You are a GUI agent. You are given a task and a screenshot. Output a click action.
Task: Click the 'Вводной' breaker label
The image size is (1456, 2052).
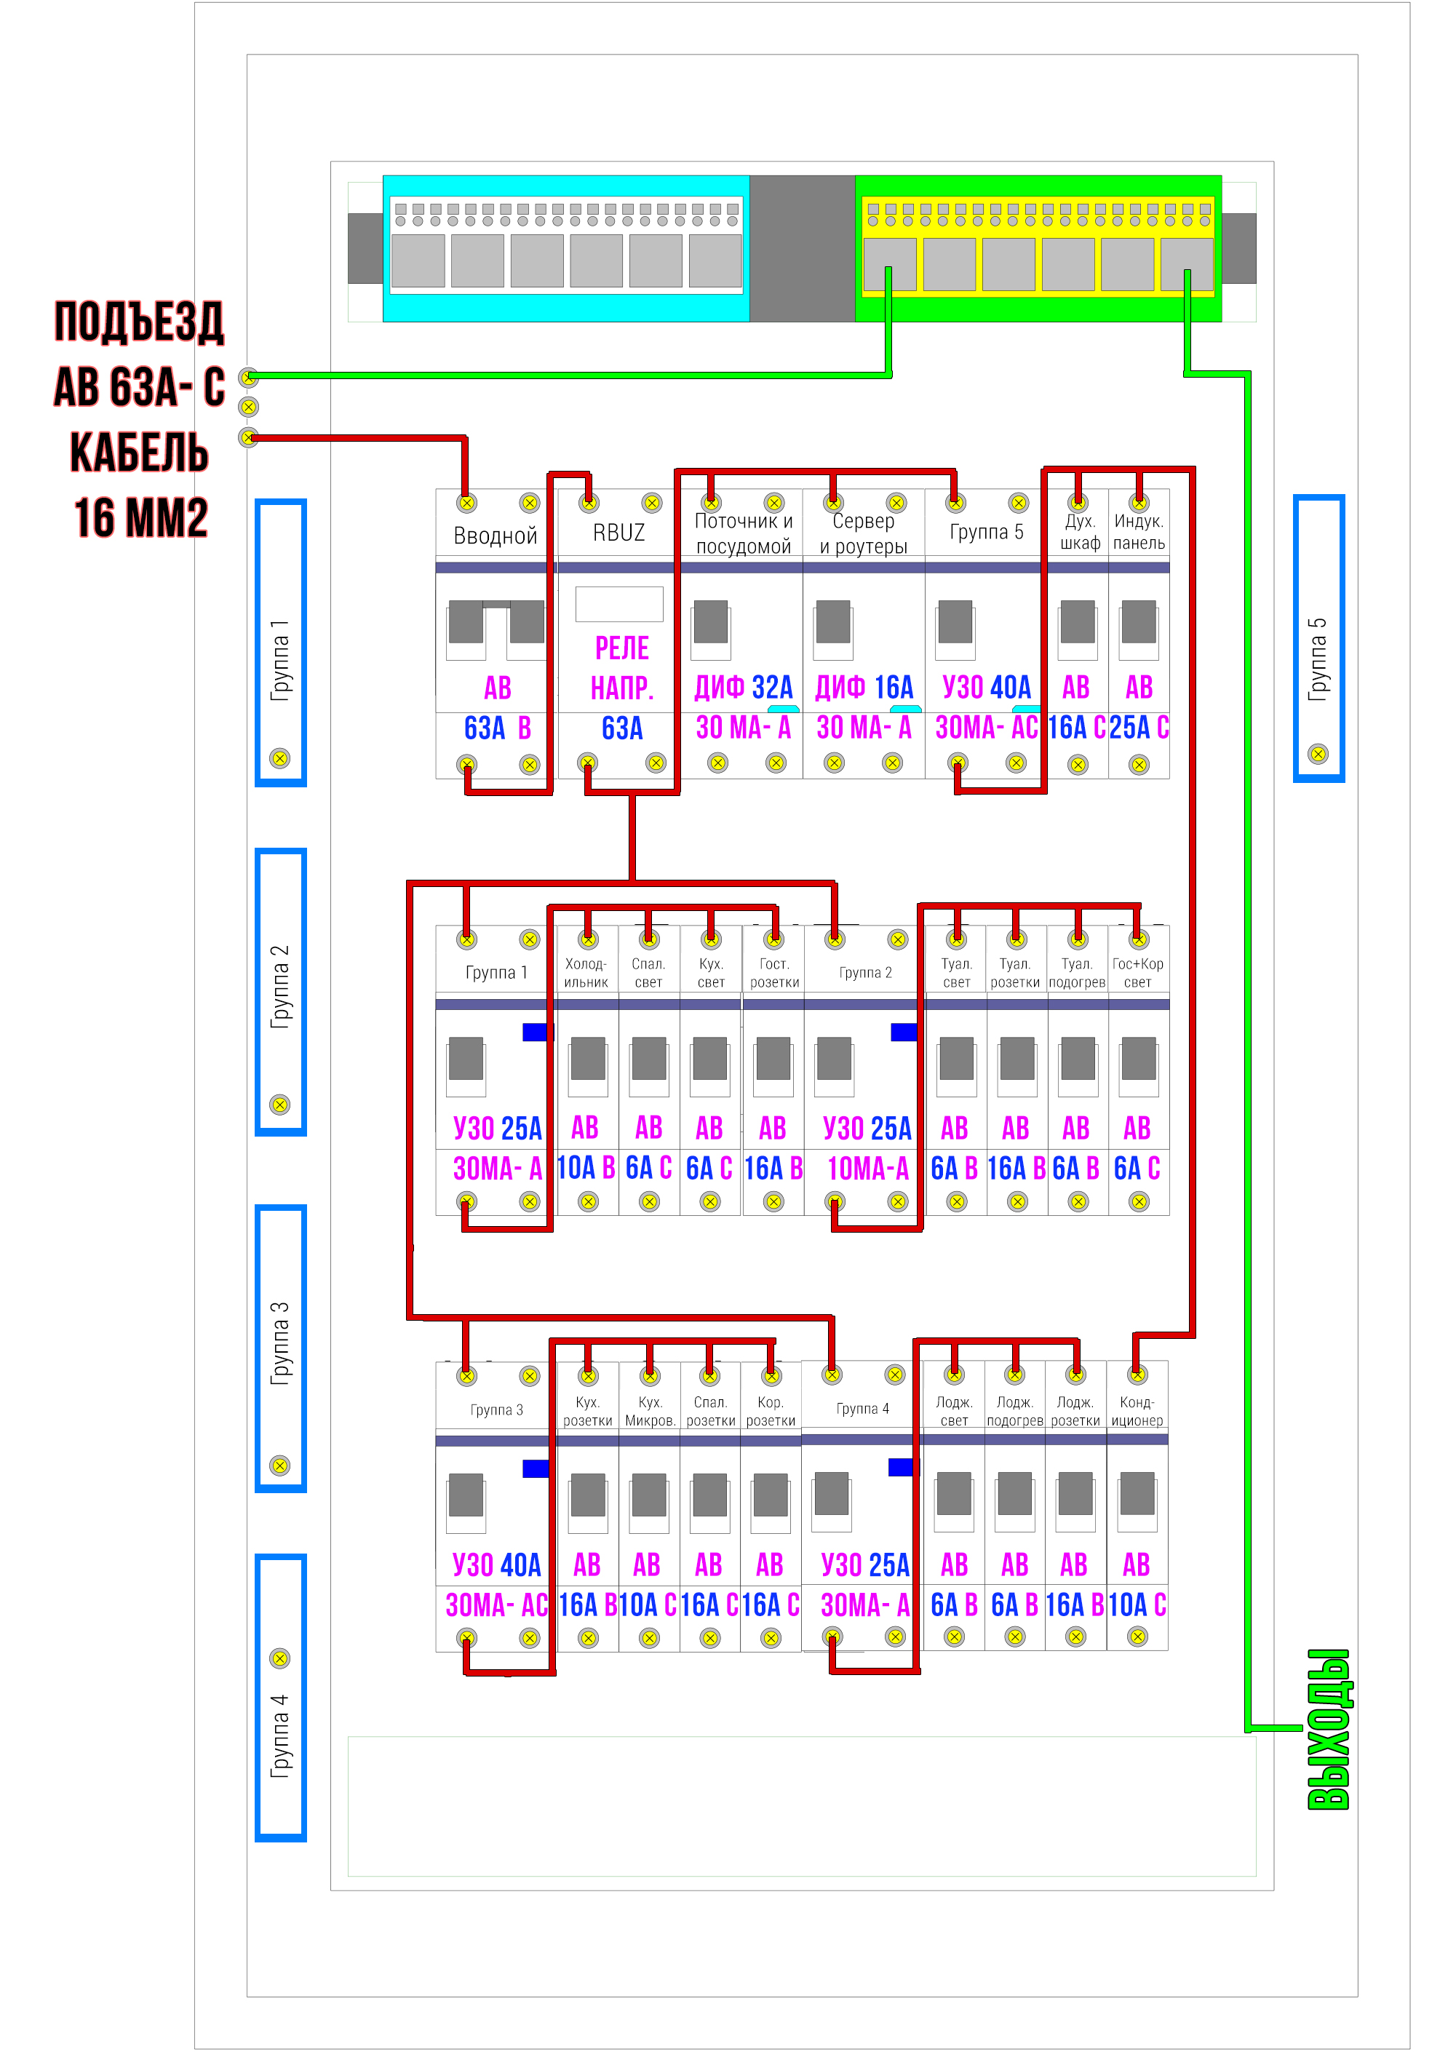[495, 536]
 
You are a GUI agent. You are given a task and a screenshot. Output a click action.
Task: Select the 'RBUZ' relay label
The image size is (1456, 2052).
[618, 533]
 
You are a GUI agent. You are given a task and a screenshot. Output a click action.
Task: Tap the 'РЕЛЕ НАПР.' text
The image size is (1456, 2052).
[621, 668]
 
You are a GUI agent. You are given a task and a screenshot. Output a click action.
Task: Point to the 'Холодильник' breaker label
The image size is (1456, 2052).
[586, 973]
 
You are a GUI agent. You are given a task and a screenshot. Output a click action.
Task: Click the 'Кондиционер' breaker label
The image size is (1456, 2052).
[1137, 1411]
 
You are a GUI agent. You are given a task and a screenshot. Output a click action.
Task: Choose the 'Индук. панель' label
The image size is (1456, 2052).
[1139, 532]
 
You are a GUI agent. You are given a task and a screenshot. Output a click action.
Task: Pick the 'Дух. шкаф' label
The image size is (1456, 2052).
[1080, 532]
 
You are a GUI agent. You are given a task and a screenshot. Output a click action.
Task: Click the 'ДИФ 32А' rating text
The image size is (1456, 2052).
[743, 688]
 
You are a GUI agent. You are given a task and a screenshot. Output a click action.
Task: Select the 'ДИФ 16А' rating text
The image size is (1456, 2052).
[864, 688]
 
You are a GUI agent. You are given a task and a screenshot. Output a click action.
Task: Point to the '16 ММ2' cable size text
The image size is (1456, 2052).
[140, 517]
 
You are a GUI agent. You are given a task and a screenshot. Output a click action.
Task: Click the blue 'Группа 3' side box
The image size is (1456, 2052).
[281, 1348]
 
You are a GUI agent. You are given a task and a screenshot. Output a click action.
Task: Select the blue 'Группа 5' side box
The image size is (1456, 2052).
[1318, 637]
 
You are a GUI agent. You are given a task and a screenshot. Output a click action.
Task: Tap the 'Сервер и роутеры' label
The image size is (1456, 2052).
[864, 533]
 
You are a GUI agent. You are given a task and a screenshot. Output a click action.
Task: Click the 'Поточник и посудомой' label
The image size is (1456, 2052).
[743, 533]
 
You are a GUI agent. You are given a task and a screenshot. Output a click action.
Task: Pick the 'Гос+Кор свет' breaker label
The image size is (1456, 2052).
[1138, 973]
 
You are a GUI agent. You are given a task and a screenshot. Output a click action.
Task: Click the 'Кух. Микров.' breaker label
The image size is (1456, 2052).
[650, 1411]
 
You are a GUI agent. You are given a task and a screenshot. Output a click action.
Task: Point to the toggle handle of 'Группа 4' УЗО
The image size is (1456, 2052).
[831, 1493]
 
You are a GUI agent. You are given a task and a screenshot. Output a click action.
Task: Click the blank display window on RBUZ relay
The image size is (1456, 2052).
[618, 604]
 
